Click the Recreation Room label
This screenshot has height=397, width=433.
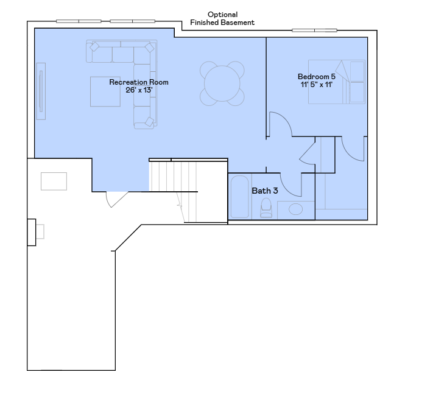(139, 82)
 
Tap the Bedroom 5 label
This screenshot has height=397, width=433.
(317, 77)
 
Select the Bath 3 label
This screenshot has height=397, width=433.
(265, 191)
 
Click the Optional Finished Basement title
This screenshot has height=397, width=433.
(222, 18)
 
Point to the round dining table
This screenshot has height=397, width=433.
(222, 83)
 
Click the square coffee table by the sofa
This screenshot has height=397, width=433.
(105, 92)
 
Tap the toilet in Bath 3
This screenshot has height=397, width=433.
(266, 208)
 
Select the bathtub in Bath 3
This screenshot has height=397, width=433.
(240, 197)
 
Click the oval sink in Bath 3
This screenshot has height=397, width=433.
(295, 209)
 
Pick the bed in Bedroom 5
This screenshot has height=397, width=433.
(337, 82)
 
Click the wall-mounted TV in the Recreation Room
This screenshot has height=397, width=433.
(41, 91)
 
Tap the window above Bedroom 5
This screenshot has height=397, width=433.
(314, 30)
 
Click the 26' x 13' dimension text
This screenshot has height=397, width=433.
(139, 90)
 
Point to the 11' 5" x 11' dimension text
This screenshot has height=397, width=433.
(317, 85)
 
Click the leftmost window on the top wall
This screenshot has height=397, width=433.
(79, 21)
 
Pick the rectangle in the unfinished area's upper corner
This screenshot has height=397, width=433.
(54, 181)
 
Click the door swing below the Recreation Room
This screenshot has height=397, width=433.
(116, 199)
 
